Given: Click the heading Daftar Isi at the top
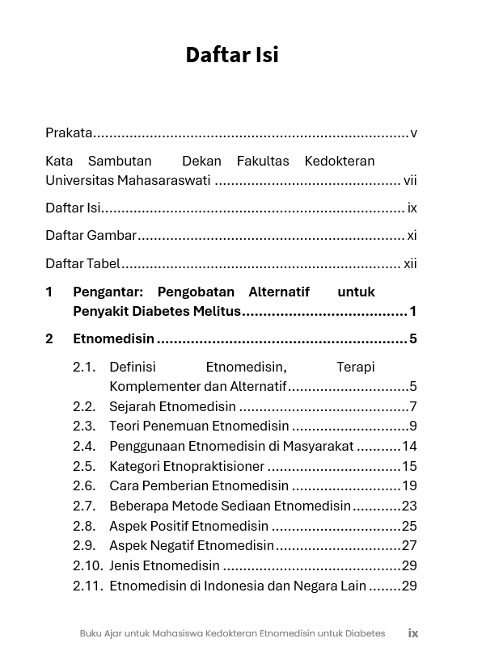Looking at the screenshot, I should (232, 54).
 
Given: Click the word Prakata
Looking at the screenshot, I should (69, 132).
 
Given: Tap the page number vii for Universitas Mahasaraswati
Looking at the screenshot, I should (410, 180).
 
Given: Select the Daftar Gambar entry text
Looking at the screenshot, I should (91, 235).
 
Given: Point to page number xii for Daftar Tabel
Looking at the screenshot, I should (410, 263).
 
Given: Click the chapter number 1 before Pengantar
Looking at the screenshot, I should (49, 292).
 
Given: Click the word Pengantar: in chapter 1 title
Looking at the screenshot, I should (108, 292).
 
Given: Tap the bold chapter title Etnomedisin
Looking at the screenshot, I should (113, 338).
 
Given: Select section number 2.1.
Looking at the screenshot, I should (84, 367).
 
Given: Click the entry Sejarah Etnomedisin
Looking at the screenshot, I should (172, 406).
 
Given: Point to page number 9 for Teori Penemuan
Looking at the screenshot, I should (413, 426).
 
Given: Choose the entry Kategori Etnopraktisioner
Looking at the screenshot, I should (187, 466).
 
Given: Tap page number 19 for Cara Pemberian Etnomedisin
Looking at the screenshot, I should (409, 486).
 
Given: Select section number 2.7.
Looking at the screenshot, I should (84, 506).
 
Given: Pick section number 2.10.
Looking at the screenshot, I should (87, 566).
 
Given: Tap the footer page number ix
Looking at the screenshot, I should (413, 633).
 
